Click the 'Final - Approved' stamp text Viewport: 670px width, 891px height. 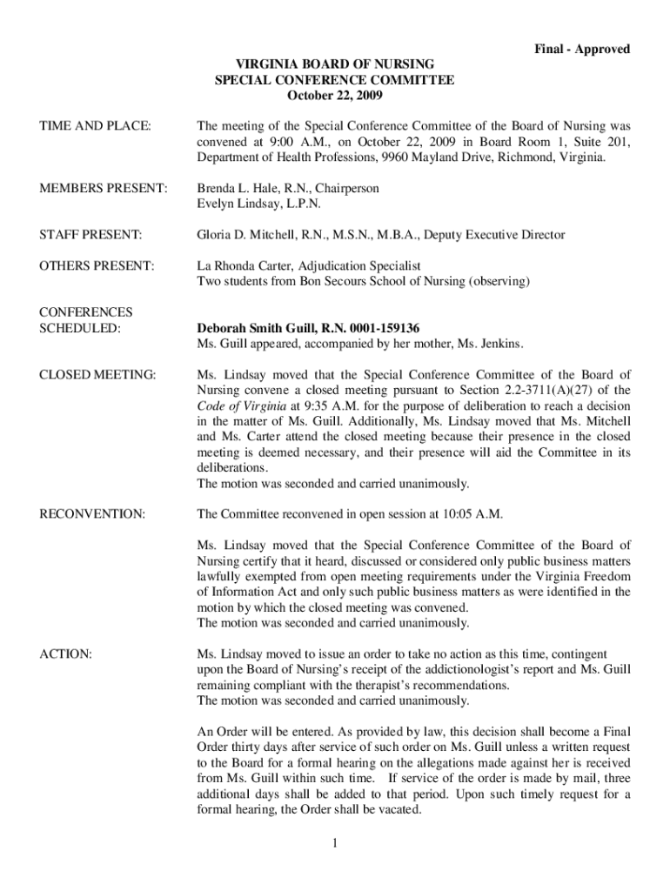tap(581, 50)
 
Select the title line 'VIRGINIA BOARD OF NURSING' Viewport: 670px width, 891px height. tap(335, 65)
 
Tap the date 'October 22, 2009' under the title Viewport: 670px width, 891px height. tap(335, 96)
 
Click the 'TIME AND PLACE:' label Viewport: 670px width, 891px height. tap(95, 127)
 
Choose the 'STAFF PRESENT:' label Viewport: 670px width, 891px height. tap(90, 235)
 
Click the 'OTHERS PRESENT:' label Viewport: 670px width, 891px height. tap(97, 265)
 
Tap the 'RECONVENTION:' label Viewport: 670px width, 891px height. tap(92, 513)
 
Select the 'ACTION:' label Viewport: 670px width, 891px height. tap(66, 653)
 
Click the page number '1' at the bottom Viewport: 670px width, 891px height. tap(335, 842)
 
